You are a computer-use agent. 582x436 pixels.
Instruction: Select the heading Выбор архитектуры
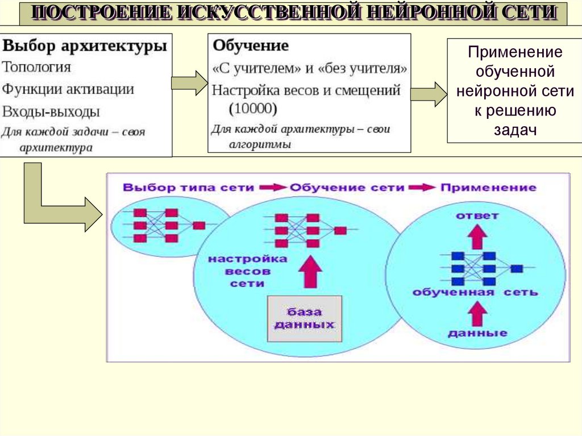coord(85,46)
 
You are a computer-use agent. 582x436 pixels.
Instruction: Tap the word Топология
coord(37,67)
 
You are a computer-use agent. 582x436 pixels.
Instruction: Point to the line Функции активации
coord(68,89)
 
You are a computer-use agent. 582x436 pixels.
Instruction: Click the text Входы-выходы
coord(51,110)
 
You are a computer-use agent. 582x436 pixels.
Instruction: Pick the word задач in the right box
coord(515,130)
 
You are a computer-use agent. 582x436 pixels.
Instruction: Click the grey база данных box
coord(305,319)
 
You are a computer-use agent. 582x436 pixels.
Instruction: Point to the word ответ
coord(477,215)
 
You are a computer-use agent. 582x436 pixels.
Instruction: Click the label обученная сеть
coord(475,293)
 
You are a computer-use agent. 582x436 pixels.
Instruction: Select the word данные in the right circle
coord(477,333)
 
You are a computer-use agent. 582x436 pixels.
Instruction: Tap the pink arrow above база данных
coord(309,272)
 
